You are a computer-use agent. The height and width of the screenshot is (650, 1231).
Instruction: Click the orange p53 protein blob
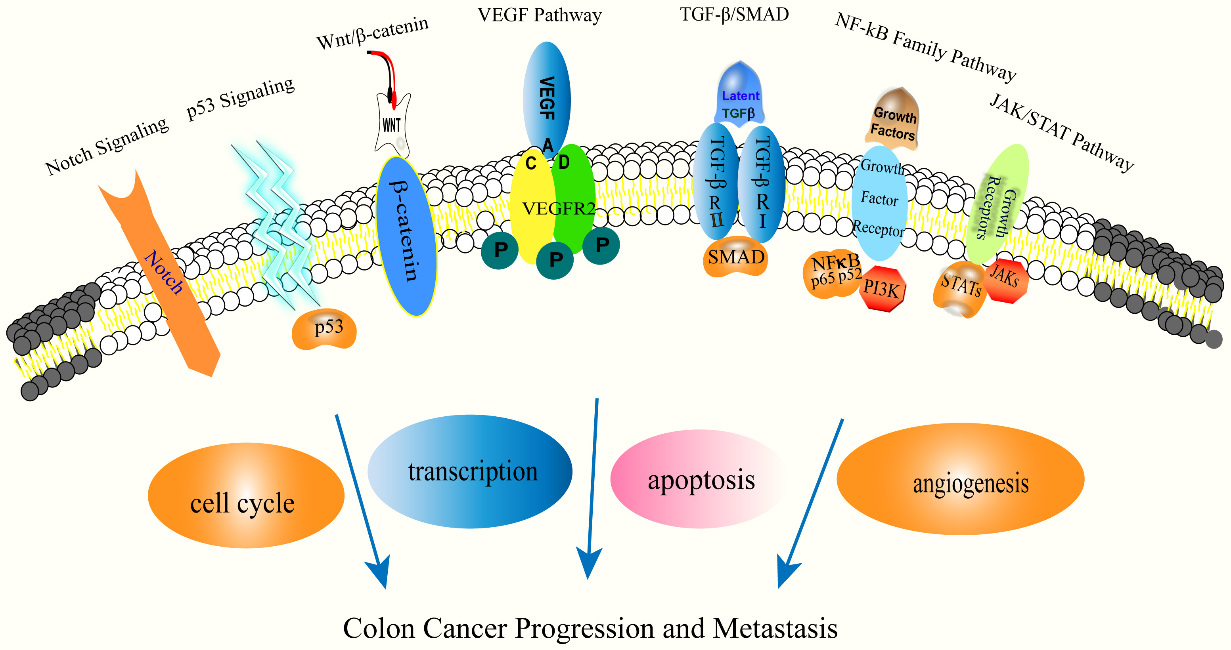click(x=324, y=329)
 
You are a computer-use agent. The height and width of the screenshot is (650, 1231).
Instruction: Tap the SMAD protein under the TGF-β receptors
click(x=735, y=257)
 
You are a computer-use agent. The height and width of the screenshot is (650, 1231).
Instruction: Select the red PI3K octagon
click(x=882, y=288)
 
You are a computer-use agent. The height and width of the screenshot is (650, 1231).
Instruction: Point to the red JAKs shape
click(x=1005, y=279)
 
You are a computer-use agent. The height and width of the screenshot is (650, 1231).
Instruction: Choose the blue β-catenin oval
click(x=406, y=236)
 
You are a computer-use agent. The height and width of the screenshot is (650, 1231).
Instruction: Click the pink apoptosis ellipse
click(x=700, y=479)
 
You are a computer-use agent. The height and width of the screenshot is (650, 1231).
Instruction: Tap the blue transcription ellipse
click(x=470, y=471)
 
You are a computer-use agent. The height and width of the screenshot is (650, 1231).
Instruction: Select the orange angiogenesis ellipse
click(x=961, y=479)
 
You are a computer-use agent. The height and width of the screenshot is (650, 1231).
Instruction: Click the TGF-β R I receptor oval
click(x=762, y=184)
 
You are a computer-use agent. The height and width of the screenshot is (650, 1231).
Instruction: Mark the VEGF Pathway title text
click(x=539, y=15)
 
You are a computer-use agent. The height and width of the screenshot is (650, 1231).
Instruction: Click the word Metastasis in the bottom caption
click(x=775, y=629)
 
